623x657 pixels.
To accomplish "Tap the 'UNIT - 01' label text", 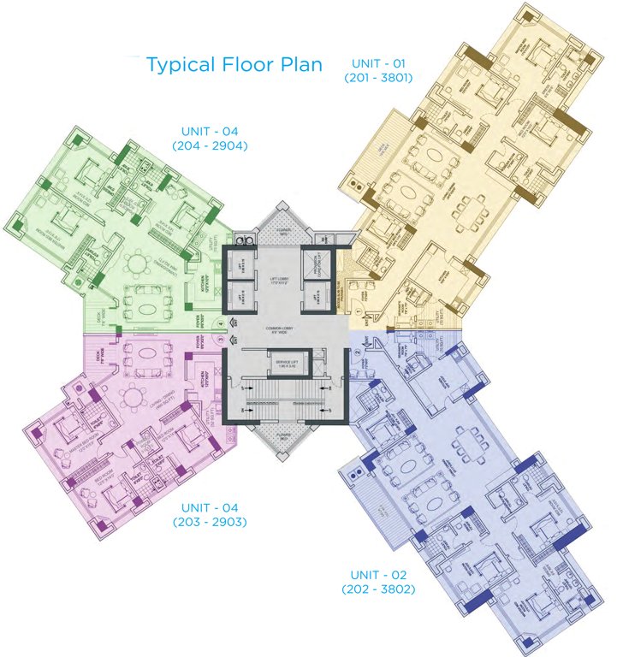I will pos(378,62).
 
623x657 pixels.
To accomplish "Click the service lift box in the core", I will pos(288,367).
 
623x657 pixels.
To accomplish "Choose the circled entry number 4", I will pos(220,323).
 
